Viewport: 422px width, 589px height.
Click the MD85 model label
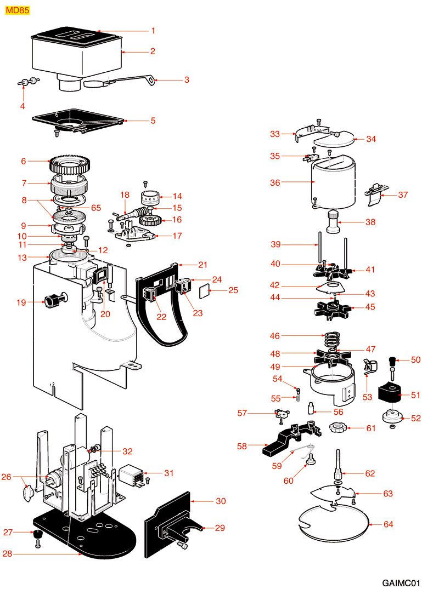[x=17, y=10]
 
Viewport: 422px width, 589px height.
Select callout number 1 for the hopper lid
[x=153, y=31]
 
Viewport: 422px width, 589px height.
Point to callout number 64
[x=388, y=525]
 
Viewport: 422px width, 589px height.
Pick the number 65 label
[x=97, y=208]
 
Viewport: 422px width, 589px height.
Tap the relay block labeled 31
[x=133, y=472]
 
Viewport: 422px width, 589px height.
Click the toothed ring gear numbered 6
[x=69, y=163]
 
